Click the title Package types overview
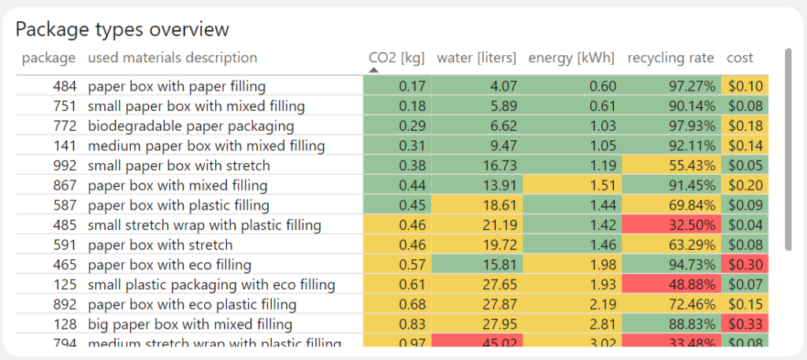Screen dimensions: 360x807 [x=122, y=29]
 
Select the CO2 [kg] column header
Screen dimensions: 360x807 [x=396, y=58]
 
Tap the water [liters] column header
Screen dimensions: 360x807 [x=476, y=58]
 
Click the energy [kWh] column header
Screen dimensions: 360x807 [x=571, y=58]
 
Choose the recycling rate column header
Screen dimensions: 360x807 [x=671, y=58]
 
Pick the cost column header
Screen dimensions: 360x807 [x=739, y=58]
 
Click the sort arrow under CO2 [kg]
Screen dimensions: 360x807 [x=374, y=70]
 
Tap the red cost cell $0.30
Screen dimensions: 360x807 [x=746, y=265]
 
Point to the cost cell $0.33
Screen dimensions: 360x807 [x=746, y=325]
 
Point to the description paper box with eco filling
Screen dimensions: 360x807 [x=169, y=265]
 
